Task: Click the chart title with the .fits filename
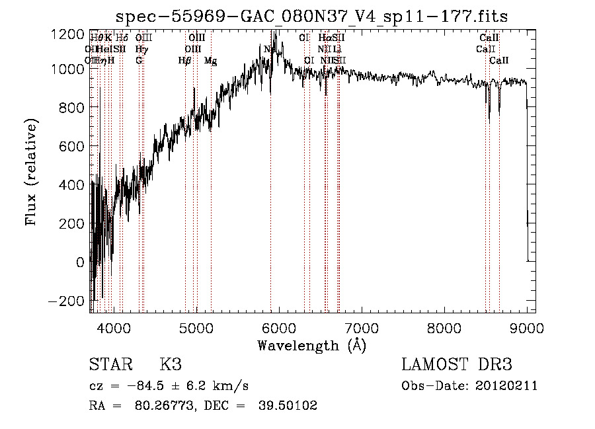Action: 311,17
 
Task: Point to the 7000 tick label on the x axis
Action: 362,328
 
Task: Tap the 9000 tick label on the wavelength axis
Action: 527,328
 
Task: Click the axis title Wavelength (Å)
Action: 311,346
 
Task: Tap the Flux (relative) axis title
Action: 32,172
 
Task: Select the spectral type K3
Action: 171,365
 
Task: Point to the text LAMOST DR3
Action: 457,365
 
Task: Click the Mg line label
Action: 210,61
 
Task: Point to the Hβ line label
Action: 185,61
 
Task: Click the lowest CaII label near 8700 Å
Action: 499,61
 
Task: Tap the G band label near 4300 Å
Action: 139,61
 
